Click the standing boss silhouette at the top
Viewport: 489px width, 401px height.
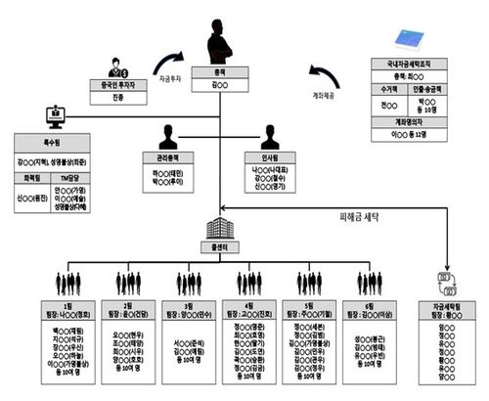point(222,41)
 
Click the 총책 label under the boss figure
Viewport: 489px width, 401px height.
point(222,72)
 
